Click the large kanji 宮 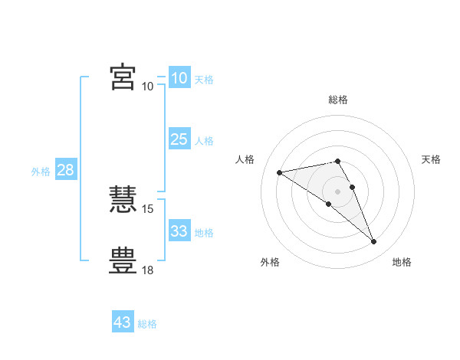123,77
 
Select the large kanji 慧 123,199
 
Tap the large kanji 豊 123,260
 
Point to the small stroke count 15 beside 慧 147,209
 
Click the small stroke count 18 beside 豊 147,270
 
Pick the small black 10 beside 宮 147,87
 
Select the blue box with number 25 179,139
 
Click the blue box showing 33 179,230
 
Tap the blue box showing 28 66,169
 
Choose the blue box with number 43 123,321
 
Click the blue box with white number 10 179,77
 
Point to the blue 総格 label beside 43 147,324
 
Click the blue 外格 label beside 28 41,172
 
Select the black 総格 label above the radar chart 338,100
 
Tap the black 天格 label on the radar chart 431,159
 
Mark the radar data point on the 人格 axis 280,172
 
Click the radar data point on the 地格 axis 374,241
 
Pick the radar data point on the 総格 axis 337,162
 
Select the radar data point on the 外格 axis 329,204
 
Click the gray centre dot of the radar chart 337,191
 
